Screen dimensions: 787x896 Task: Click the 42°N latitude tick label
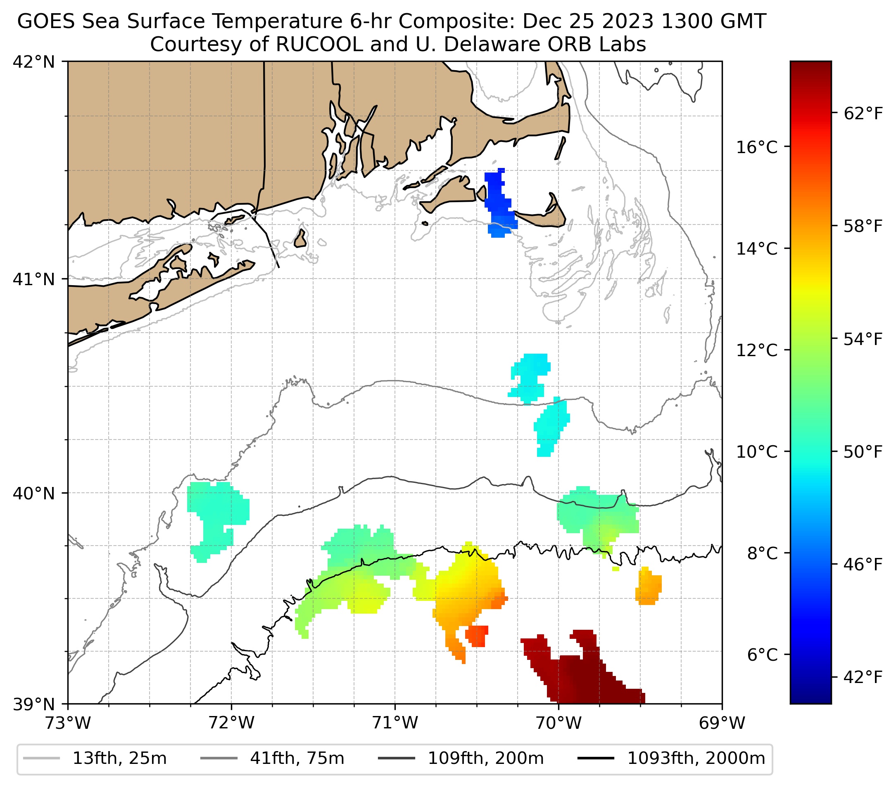[x=34, y=62]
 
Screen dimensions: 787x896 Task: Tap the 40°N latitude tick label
[x=34, y=493]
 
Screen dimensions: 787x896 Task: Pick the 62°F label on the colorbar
[x=863, y=114]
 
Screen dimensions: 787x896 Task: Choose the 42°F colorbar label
[x=863, y=677]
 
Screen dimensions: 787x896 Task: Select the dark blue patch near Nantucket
[x=497, y=193]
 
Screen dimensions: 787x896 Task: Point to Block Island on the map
[x=300, y=239]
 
